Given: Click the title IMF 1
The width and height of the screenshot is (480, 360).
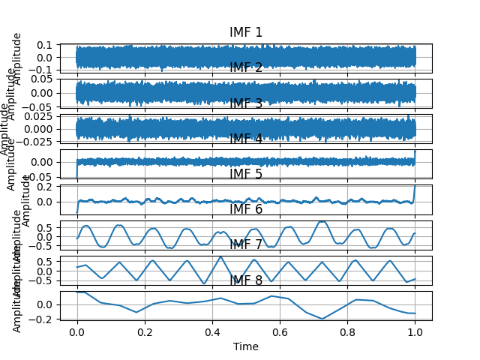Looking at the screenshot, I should pos(245,32).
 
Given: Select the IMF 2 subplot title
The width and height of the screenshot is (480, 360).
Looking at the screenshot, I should pos(245,67).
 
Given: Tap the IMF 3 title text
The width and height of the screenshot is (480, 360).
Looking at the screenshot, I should pos(245,103).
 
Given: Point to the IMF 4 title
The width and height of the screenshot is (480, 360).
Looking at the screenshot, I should pos(245,139).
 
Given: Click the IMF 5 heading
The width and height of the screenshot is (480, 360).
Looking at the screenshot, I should pos(245,175).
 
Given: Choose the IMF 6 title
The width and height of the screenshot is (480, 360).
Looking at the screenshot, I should pos(245,209).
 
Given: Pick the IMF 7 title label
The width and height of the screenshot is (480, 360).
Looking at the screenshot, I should pos(245,245).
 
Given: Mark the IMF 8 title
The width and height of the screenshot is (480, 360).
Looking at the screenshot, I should pos(245,280).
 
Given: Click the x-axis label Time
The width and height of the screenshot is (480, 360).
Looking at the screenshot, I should pos(245,346).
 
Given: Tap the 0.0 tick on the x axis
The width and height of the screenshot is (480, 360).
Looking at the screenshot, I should pos(76,332).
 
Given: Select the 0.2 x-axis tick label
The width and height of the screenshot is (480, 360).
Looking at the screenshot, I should pos(144,332).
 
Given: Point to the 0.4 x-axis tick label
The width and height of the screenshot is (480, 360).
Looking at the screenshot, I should pos(212,332).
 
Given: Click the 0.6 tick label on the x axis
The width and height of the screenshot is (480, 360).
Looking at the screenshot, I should pos(280,332).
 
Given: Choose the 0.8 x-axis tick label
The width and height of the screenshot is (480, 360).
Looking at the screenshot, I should pos(347,332).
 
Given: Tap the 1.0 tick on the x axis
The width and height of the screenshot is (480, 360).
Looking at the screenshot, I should pos(415,332).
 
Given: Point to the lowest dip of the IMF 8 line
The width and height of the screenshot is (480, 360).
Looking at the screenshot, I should pos(322,319).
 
